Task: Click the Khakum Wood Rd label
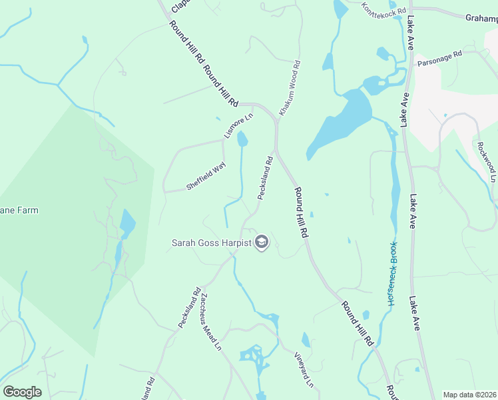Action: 289,89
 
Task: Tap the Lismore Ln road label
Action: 239,127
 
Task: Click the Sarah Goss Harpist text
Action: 210,243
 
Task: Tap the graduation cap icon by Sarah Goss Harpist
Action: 262,243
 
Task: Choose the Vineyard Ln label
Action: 304,370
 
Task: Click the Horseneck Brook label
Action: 393,273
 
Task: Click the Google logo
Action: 23,392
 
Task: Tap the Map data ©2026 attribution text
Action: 470,395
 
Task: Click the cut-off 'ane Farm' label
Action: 19,211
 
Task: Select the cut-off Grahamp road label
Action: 481,19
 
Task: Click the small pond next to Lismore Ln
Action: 242,139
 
